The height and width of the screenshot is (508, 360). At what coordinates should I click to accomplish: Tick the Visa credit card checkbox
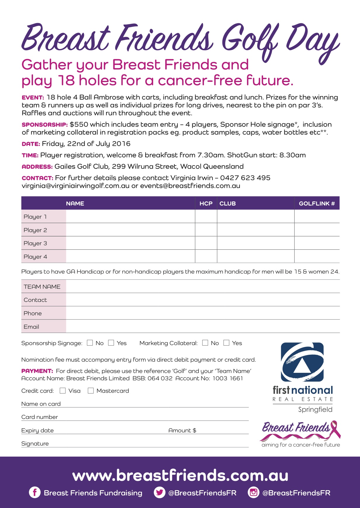click(x=63, y=391)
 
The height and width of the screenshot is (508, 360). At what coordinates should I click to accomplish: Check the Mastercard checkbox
click(x=91, y=391)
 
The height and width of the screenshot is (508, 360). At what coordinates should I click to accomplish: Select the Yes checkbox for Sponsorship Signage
click(x=111, y=343)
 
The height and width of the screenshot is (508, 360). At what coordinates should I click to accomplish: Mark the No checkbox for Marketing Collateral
click(x=205, y=343)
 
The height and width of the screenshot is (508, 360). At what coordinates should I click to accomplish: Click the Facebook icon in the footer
click(x=35, y=493)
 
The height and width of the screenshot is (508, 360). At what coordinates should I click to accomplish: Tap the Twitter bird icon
click(x=160, y=493)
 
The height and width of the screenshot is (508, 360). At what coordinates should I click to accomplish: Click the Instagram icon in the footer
click(x=254, y=493)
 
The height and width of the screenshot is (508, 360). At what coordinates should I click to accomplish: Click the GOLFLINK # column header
click(x=317, y=203)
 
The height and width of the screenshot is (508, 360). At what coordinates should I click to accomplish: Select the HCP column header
click(x=206, y=203)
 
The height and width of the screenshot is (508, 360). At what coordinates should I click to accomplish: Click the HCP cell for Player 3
click(x=206, y=243)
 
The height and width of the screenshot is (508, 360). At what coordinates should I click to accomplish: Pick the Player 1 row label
click(x=35, y=217)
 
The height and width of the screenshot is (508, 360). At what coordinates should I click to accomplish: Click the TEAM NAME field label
click(x=42, y=287)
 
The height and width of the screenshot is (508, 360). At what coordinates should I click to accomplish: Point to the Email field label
click(x=31, y=327)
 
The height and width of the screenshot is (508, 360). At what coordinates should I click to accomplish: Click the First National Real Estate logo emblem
click(x=302, y=362)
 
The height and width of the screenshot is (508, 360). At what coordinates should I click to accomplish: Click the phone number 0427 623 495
click(x=245, y=178)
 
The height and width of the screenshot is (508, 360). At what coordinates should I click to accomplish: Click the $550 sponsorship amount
click(x=79, y=124)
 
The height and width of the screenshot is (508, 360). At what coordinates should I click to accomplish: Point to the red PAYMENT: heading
click(x=37, y=371)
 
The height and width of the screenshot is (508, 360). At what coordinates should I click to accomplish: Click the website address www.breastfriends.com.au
click(x=180, y=475)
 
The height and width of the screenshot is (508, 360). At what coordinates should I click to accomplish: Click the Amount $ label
click(x=182, y=430)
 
